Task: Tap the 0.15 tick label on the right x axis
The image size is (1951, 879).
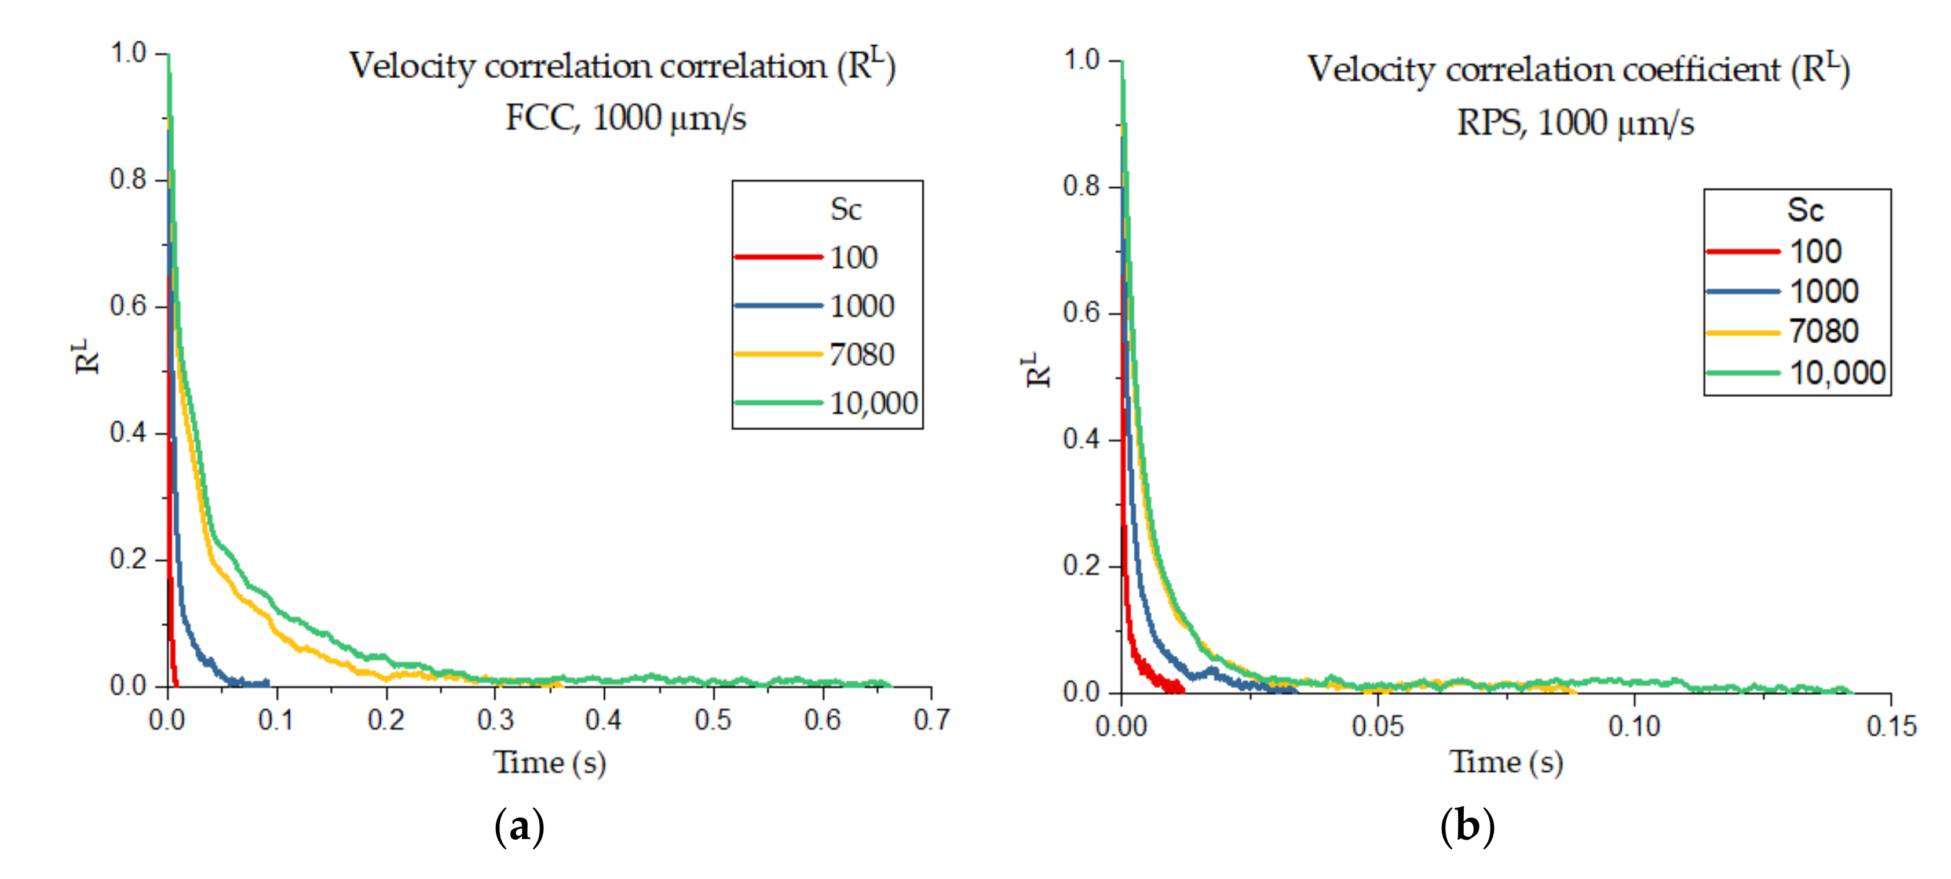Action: coord(1890,727)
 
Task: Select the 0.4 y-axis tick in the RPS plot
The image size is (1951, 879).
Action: coord(1081,439)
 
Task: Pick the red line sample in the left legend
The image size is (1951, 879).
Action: coord(778,257)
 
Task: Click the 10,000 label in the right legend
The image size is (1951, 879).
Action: coord(1837,373)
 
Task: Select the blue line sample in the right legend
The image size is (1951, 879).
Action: coord(1742,291)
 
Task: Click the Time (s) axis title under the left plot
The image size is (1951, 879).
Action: coord(550,762)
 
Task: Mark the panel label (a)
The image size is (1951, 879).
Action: coord(519,826)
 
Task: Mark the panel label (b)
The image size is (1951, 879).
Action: coord(1467,826)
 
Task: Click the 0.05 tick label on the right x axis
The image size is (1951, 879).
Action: coord(1377,727)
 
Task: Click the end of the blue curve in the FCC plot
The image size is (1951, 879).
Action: coord(268,683)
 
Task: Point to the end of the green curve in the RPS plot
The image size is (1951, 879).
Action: coord(1850,691)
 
